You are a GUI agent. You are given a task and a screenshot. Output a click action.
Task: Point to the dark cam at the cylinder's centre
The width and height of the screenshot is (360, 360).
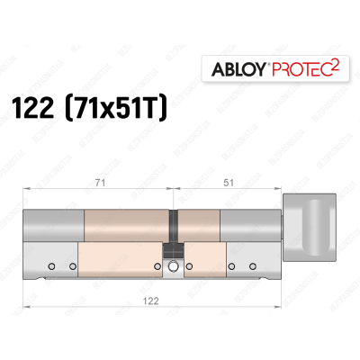point(168,255)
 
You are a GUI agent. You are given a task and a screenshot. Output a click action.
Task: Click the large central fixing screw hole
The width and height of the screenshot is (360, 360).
point(169,265)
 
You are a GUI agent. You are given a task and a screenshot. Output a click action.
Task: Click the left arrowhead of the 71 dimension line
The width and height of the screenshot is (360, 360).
point(26,188)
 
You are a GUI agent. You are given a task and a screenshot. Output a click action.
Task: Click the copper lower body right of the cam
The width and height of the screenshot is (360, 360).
point(202,261)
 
